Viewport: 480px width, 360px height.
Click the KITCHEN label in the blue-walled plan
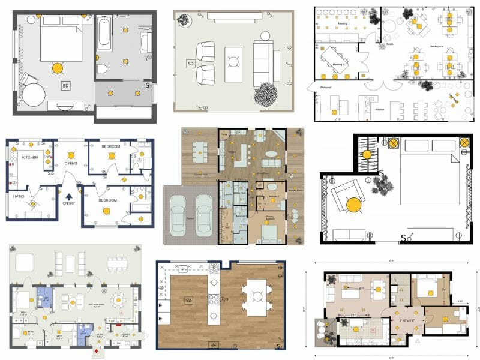tap(30, 157)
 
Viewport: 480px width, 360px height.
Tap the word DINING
tap(71, 163)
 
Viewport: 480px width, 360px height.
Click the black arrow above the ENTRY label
tap(69, 196)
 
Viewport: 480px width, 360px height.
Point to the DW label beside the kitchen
tap(46, 157)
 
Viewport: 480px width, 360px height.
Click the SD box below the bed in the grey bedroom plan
tap(65, 86)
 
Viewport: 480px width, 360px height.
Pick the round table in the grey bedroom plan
tap(34, 94)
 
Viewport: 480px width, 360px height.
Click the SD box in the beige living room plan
tap(191, 64)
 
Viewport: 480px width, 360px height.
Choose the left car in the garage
tap(178, 214)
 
